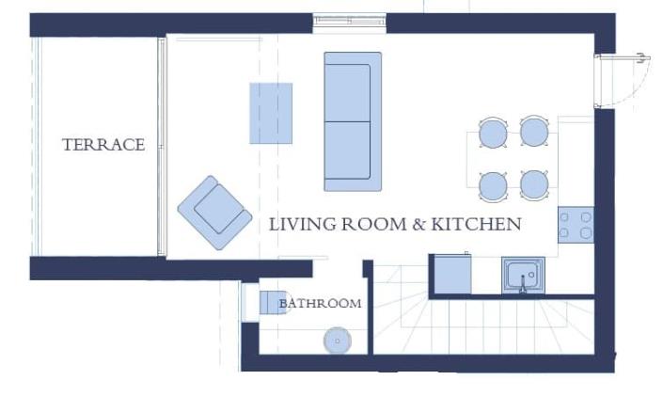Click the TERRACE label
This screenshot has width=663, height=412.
point(103,145)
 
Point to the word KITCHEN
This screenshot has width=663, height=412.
point(482,225)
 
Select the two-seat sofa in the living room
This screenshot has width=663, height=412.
point(353,121)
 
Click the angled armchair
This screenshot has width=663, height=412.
point(215,212)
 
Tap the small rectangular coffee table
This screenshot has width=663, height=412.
point(271,113)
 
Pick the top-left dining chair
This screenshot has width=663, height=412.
point(494,133)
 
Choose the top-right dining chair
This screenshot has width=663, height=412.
point(535,132)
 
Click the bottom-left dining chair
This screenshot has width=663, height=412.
point(494,185)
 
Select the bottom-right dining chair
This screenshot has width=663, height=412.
point(535,184)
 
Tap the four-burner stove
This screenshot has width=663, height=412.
point(576,225)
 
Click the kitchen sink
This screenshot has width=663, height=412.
point(522,276)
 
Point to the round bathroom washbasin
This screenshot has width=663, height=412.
point(337,340)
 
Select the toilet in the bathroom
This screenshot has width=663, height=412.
point(271,302)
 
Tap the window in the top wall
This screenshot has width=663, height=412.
point(350,23)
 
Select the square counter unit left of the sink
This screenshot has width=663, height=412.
point(451,274)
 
